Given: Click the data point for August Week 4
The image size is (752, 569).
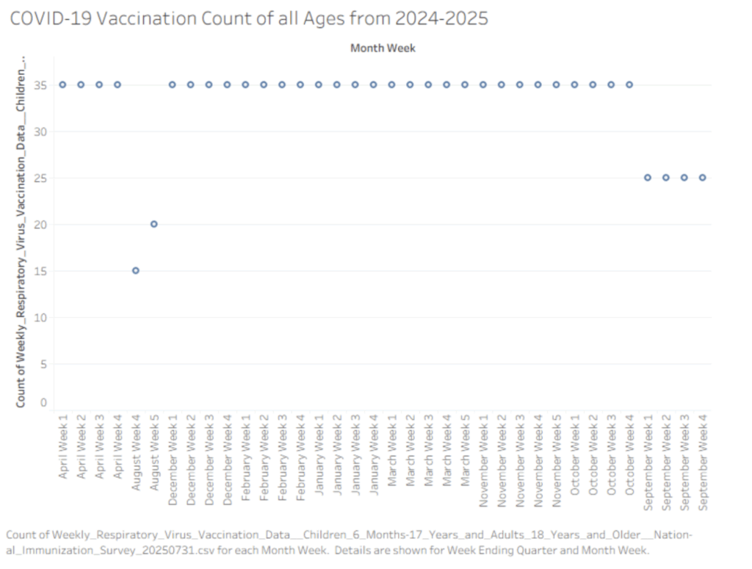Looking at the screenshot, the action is (136, 271).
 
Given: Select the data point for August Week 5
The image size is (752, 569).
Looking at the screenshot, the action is (154, 225).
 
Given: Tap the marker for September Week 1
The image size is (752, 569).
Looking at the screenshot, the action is (648, 178).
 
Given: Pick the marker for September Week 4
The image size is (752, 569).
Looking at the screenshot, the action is (703, 178).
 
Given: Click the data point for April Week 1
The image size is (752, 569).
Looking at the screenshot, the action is (63, 85).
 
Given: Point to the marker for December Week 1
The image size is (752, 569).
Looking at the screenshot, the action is (172, 85).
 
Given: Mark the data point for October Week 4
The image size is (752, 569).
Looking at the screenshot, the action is (629, 85).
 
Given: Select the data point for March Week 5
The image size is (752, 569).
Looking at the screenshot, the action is (465, 85).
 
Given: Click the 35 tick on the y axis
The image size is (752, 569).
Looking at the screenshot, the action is (40, 85).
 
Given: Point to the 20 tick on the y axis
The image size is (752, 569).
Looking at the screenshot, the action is (40, 225).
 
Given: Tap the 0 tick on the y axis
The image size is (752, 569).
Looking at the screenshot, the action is (43, 402).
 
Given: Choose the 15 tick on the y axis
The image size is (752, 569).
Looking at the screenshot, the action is (40, 272).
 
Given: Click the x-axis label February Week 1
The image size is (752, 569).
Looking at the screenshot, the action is (245, 458).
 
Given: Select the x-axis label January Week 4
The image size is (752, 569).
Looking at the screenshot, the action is (374, 455).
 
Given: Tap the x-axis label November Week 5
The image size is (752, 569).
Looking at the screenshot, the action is (557, 460).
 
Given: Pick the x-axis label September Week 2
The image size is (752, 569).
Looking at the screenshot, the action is (666, 463).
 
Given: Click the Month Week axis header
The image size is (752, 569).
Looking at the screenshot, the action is (383, 48).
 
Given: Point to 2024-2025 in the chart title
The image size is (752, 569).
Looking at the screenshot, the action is (441, 18).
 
